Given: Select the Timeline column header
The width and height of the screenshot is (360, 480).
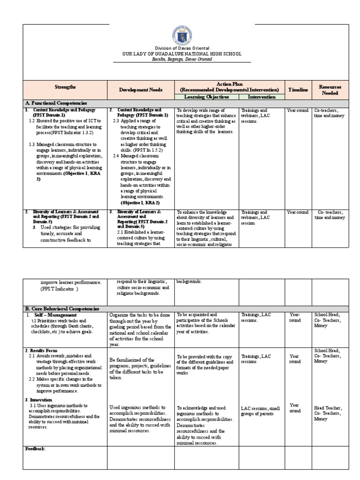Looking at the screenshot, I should point(298,90).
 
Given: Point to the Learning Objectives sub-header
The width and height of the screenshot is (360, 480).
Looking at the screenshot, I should point(206,97).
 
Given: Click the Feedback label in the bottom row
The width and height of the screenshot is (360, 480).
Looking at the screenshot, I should point(35,449).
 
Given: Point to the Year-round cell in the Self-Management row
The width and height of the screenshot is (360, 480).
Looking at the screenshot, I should point(294,318).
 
